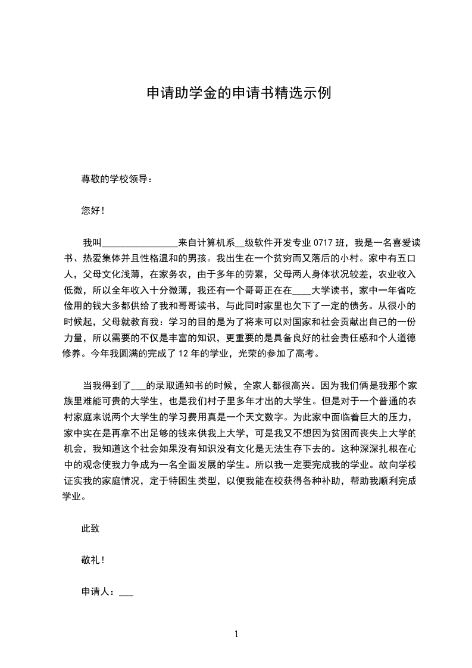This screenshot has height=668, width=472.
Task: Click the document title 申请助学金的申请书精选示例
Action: click(x=238, y=93)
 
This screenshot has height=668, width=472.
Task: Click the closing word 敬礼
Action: click(x=90, y=560)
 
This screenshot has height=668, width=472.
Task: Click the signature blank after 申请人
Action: click(x=126, y=594)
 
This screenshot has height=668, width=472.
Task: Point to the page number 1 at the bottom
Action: click(x=236, y=634)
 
